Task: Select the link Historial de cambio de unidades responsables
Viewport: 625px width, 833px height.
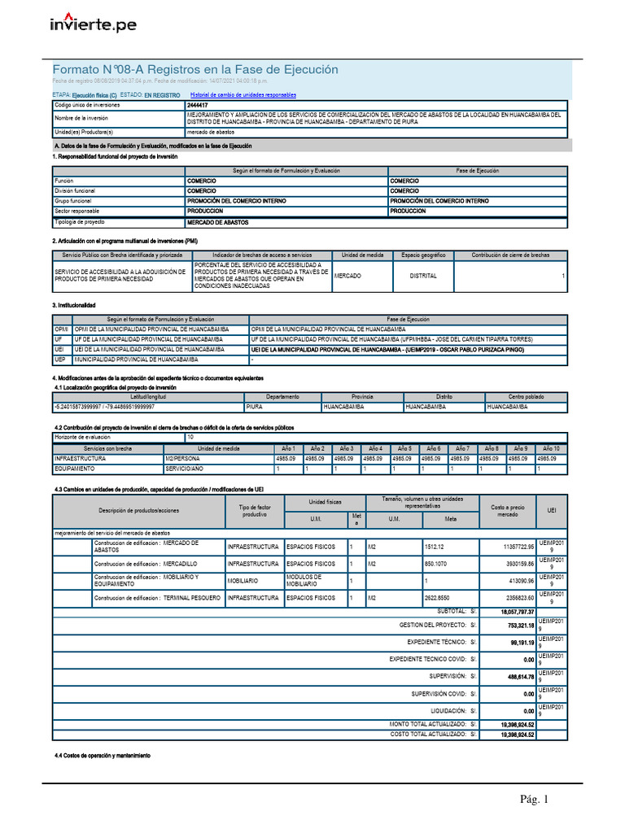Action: coord(243,95)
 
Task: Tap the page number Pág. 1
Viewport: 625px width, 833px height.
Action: coord(535,800)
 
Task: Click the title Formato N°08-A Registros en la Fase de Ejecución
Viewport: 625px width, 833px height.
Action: coord(195,70)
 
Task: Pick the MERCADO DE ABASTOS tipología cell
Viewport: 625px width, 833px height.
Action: coord(218,222)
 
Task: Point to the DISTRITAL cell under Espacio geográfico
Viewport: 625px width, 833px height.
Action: coord(423,276)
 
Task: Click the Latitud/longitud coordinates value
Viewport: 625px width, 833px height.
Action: coord(104,406)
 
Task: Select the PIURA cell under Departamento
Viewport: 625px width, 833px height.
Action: coord(255,406)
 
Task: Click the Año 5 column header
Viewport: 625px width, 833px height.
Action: coord(404,448)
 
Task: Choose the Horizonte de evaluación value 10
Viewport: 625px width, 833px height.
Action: coord(190,437)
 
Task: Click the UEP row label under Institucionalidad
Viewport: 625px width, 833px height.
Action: coord(59,359)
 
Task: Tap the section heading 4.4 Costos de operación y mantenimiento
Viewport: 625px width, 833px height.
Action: coord(103,756)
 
